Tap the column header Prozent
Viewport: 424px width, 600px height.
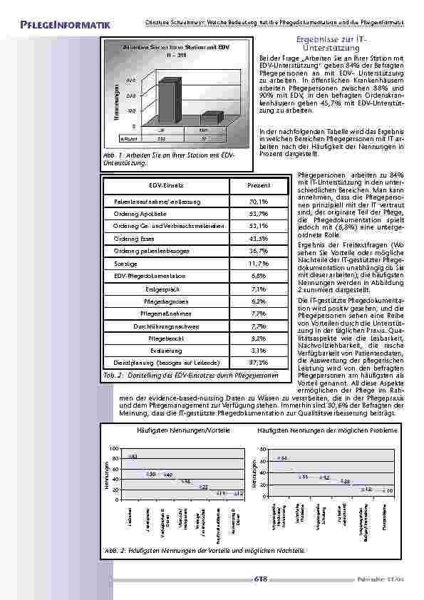(239, 185)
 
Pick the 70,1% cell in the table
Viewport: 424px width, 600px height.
(239, 202)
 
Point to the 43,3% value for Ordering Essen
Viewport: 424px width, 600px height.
(239, 239)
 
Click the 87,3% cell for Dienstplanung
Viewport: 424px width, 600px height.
(239, 362)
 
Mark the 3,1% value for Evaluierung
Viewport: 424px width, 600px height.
(239, 350)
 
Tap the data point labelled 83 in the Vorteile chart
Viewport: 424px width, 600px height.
(130, 456)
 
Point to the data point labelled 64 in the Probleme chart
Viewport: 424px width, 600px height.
(279, 459)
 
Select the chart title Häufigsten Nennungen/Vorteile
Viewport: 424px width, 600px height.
(169, 432)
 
